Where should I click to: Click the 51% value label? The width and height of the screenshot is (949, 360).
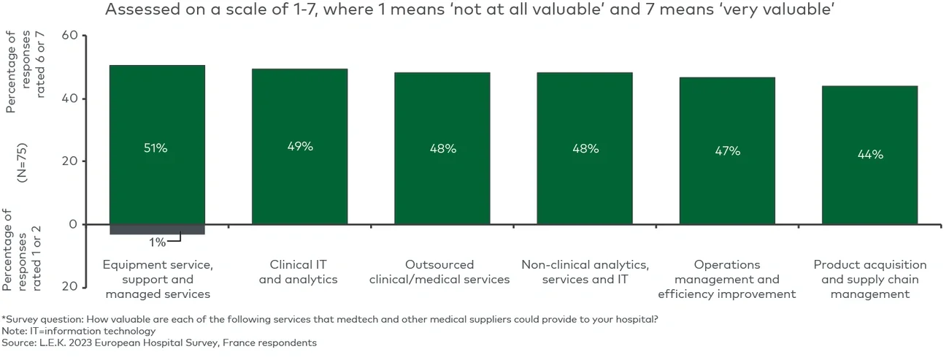(x=156, y=148)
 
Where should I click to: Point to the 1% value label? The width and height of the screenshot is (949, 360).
(x=158, y=242)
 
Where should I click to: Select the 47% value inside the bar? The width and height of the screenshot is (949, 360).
(x=727, y=151)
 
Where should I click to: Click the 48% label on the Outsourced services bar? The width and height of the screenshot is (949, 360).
(x=442, y=149)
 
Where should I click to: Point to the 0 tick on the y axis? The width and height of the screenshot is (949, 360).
(x=73, y=224)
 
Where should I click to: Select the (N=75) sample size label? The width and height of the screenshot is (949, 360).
(x=22, y=161)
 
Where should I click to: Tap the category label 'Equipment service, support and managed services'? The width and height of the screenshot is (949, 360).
(x=158, y=279)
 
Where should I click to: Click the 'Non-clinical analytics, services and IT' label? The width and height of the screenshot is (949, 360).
(x=585, y=272)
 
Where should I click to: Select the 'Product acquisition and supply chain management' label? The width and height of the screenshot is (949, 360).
(x=869, y=279)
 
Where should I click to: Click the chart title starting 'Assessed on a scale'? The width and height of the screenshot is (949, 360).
(x=470, y=10)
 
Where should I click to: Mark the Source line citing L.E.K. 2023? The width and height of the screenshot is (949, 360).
(x=159, y=342)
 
